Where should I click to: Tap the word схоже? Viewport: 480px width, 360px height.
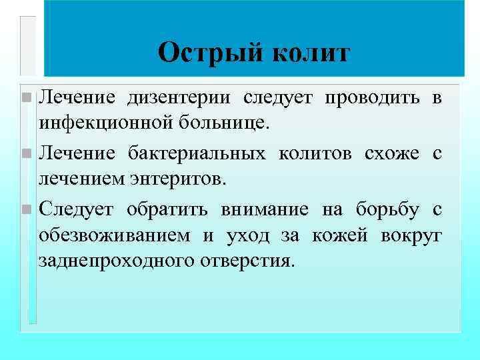(393, 154)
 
